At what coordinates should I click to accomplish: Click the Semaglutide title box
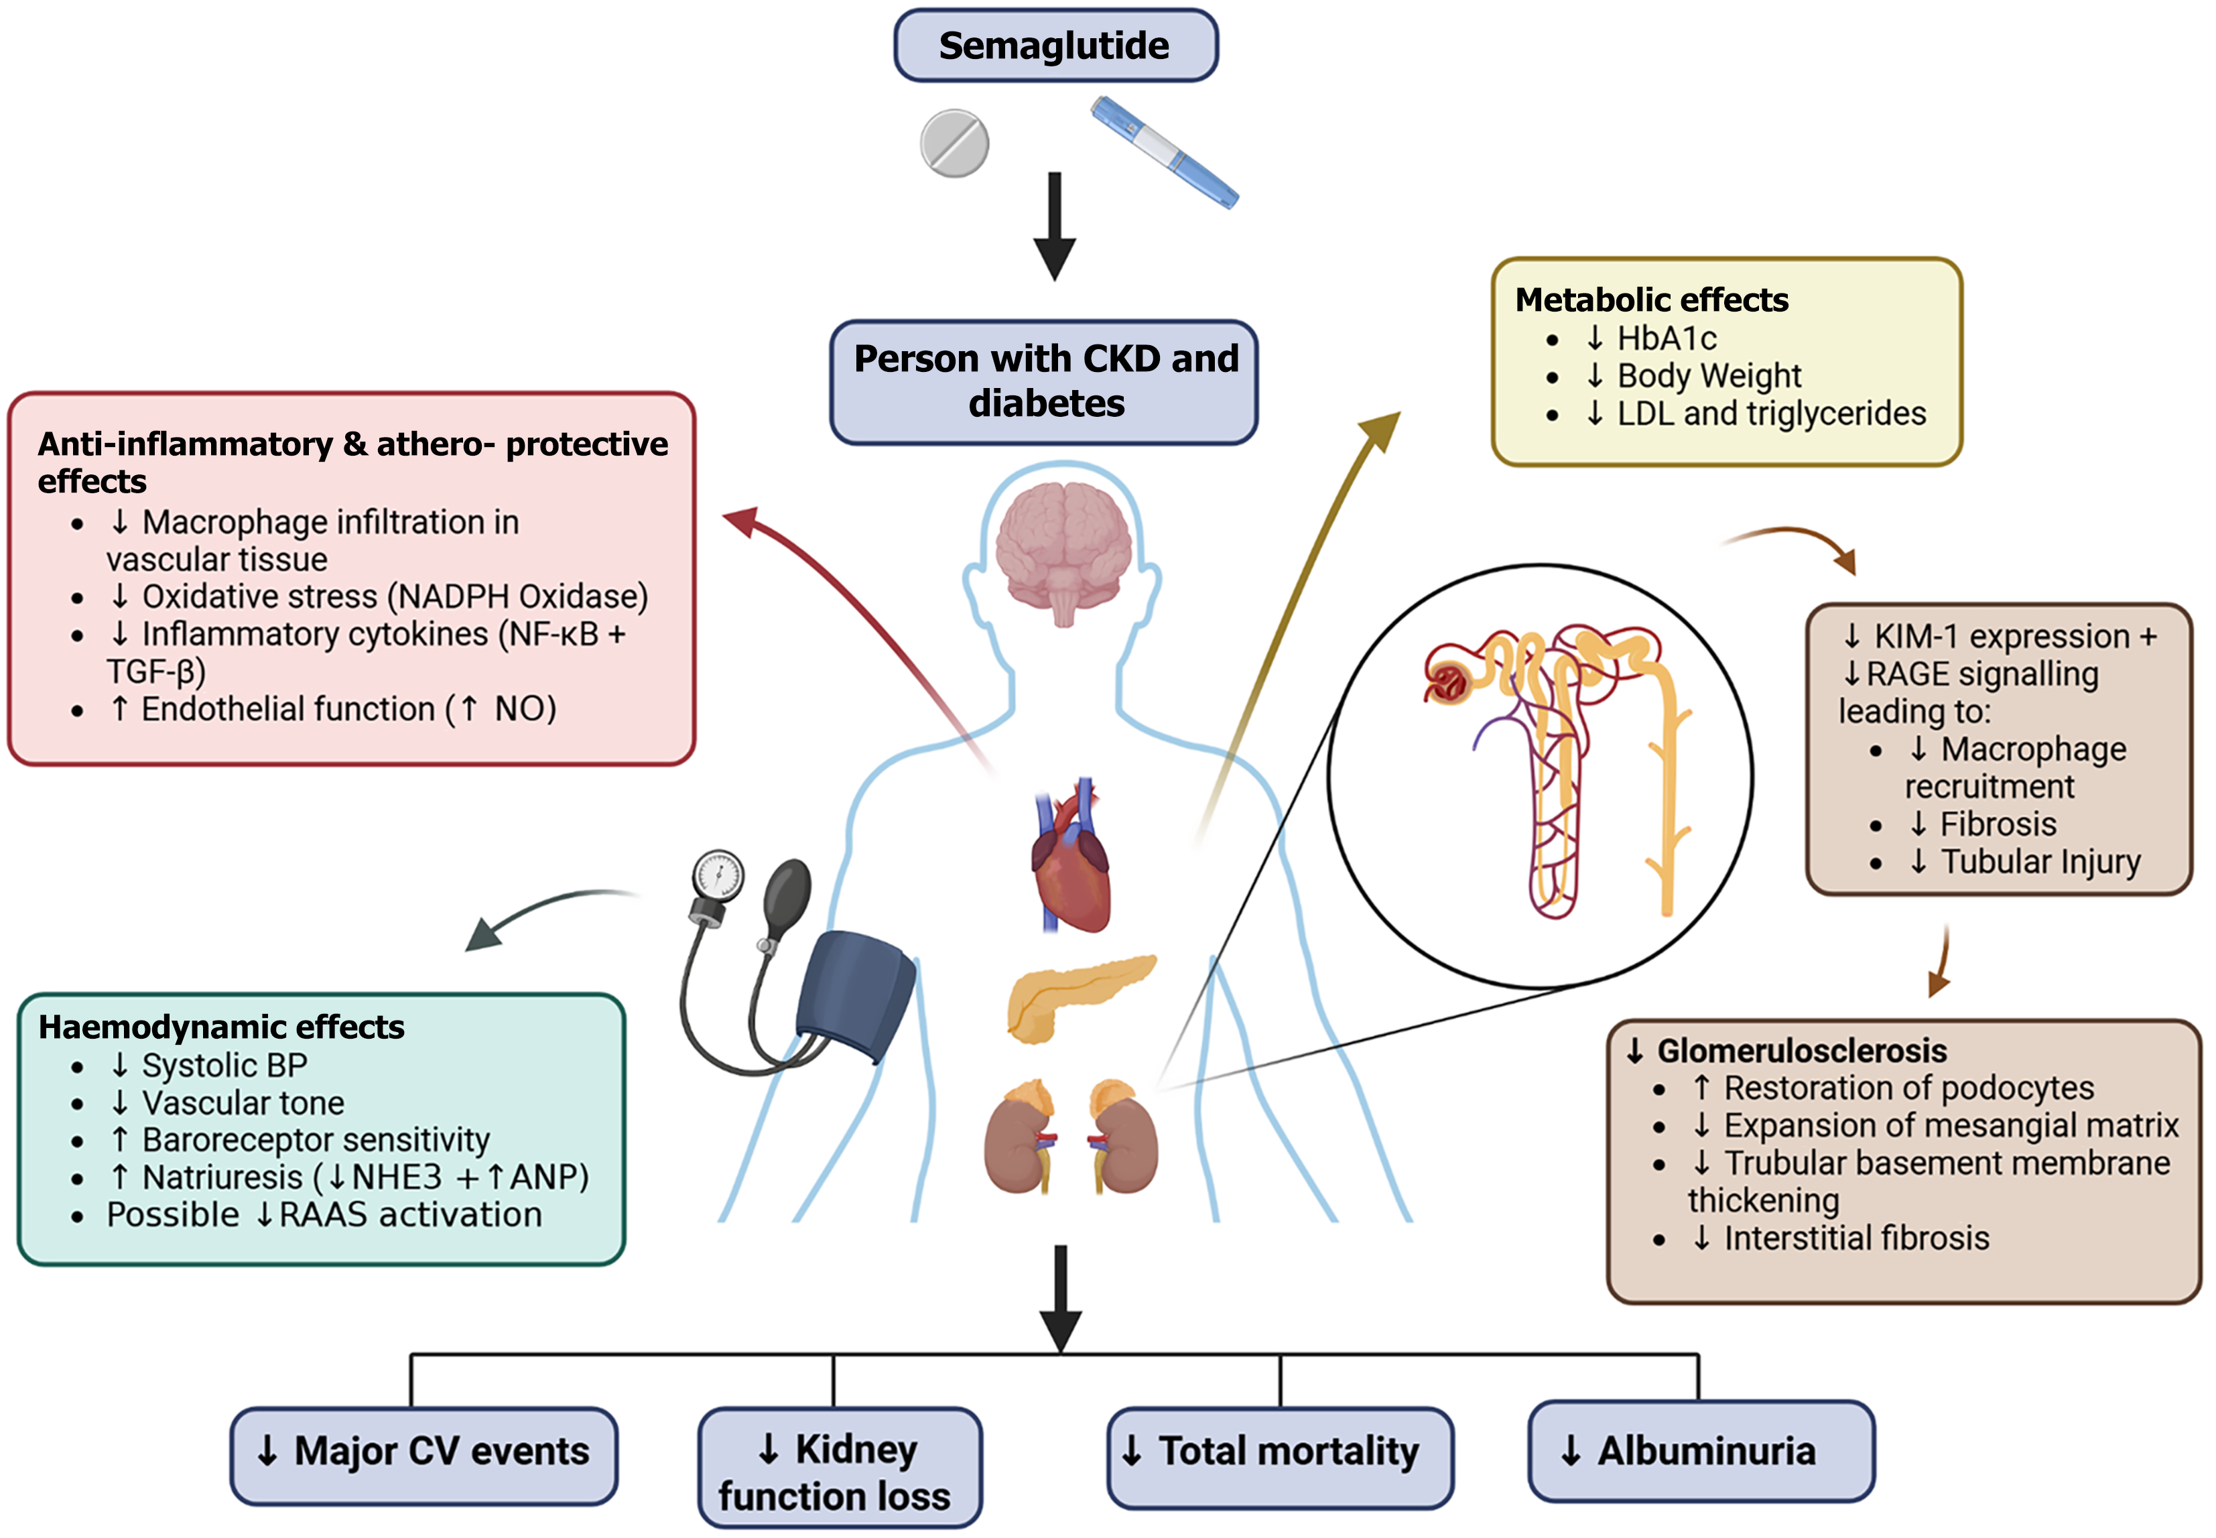click(1055, 46)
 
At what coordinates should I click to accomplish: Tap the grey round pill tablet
click(954, 143)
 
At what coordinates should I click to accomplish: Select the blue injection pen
click(1164, 151)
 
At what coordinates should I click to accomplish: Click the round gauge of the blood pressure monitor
click(718, 876)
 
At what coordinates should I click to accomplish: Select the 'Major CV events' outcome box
click(424, 1453)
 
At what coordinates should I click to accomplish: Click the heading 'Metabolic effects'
click(1651, 300)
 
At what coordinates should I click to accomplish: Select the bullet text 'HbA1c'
click(1666, 338)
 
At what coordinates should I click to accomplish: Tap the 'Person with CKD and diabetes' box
click(1045, 381)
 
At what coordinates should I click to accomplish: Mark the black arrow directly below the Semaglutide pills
click(1055, 227)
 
